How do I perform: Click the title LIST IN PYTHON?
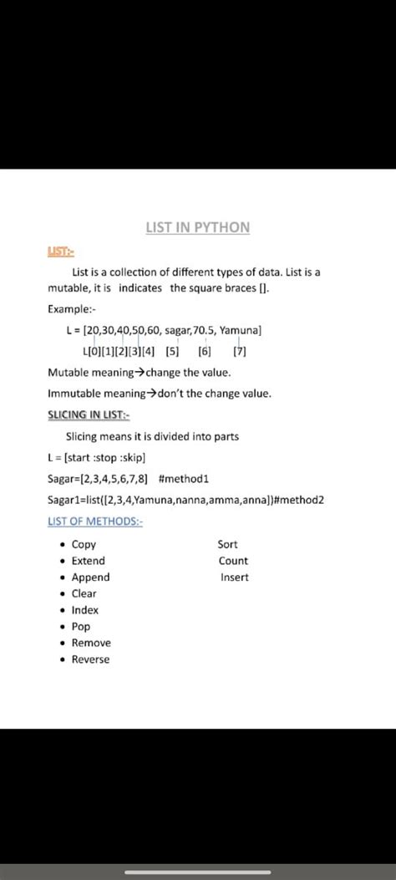click(197, 227)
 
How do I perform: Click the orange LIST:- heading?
click(60, 252)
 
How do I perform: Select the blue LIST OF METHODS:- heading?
click(95, 521)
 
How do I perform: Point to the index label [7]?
click(239, 351)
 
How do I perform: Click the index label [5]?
click(172, 351)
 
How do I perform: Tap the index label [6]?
click(205, 351)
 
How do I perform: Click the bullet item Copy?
click(84, 544)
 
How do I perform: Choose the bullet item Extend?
click(88, 561)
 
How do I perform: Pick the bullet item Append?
click(90, 577)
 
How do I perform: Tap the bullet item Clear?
click(84, 593)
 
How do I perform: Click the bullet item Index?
click(84, 610)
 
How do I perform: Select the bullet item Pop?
click(80, 626)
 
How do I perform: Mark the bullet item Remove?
click(90, 643)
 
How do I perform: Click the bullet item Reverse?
click(90, 659)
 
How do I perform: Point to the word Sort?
click(227, 544)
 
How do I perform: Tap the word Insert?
click(234, 577)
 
